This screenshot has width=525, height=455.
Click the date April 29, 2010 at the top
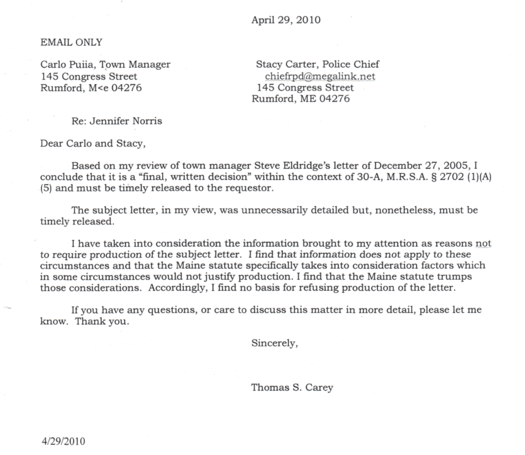coord(286,21)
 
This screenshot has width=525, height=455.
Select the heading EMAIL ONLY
coord(71,43)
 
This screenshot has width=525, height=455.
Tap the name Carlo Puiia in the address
coord(66,65)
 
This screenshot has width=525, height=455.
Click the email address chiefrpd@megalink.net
coord(320,77)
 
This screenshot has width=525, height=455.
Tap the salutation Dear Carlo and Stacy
coord(93,143)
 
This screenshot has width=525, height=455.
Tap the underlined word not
coord(483,243)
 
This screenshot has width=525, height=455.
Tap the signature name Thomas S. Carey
coord(292,388)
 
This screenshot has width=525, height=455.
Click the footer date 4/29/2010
coord(63,441)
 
